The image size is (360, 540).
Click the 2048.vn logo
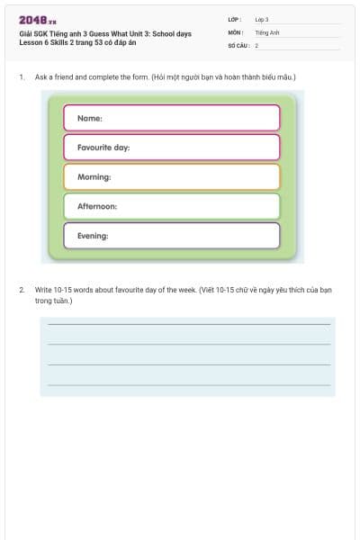click(x=37, y=21)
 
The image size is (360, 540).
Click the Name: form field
click(x=171, y=118)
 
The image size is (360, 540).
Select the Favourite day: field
click(x=171, y=147)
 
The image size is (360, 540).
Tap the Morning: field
click(x=171, y=176)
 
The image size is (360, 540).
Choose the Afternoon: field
click(x=171, y=206)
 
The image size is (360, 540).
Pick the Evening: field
click(x=171, y=236)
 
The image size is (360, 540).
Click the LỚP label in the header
click(x=235, y=19)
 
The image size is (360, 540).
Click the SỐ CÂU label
click(x=238, y=44)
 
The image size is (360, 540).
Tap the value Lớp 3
click(x=262, y=19)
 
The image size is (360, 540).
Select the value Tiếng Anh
click(x=267, y=31)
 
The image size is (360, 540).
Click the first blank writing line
click(x=188, y=323)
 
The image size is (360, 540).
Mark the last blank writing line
click(x=188, y=384)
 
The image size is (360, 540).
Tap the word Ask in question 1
click(x=40, y=77)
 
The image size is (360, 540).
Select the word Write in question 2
click(x=43, y=290)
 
